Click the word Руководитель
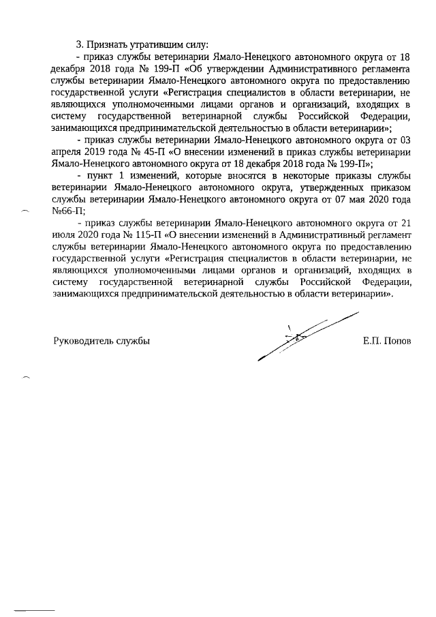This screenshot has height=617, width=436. point(85,340)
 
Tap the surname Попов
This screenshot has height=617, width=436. point(397,340)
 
